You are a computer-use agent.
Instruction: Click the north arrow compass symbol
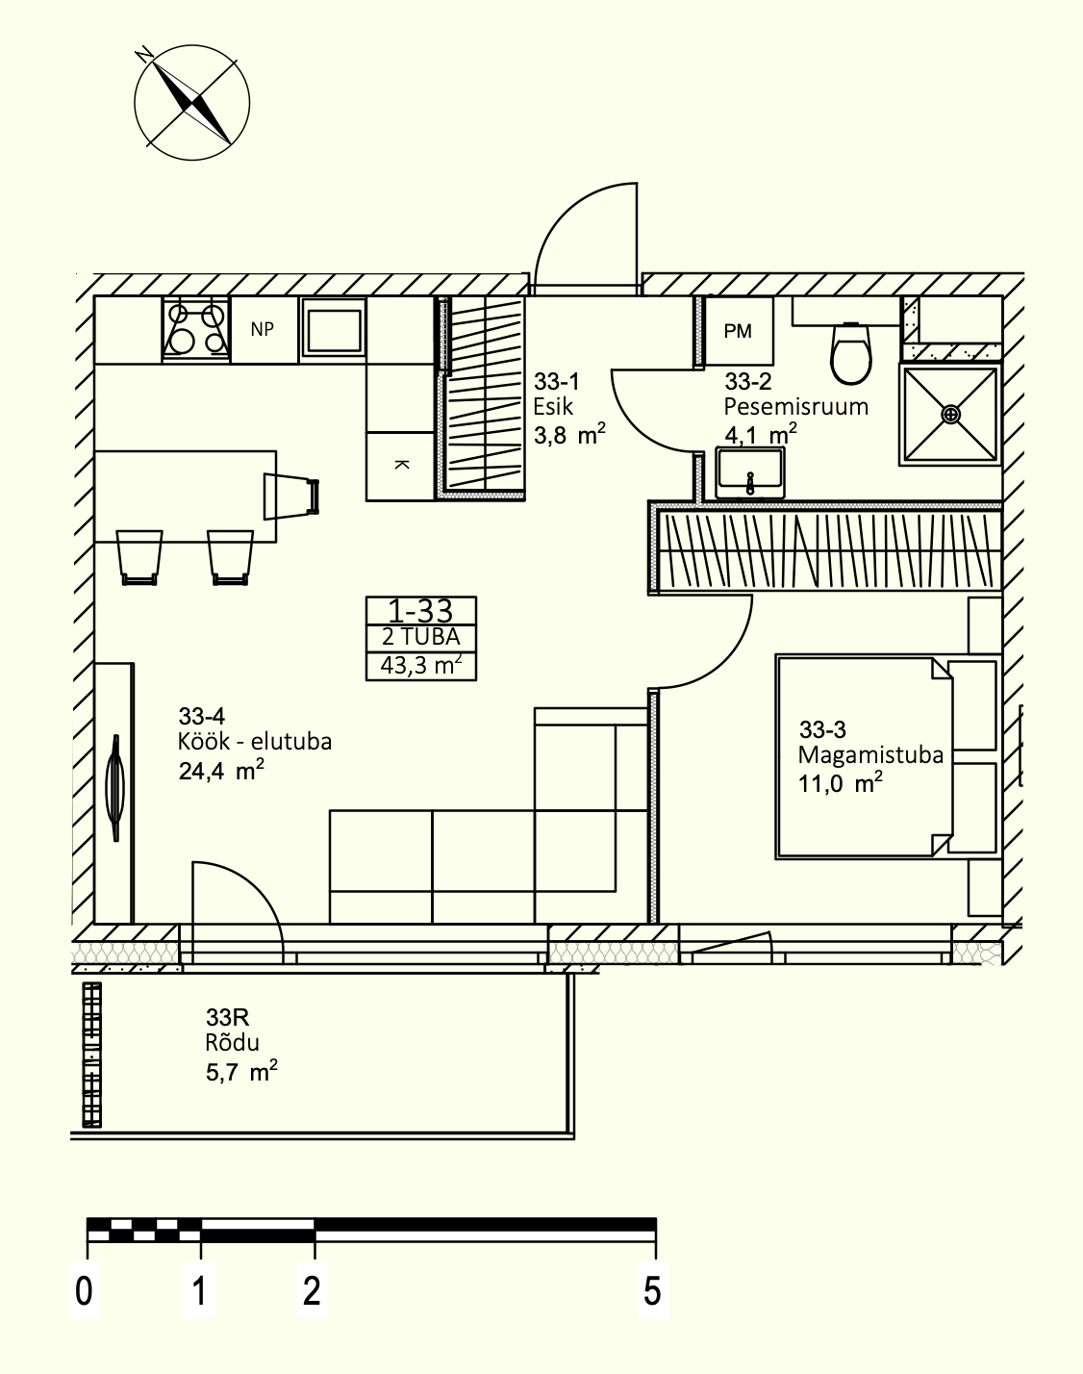pos(191,102)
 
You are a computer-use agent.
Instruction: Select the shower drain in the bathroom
pos(951,415)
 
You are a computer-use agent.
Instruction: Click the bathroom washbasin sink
pos(750,473)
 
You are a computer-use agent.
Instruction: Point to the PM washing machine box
pos(739,331)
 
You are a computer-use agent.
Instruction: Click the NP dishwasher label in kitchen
pos(263,329)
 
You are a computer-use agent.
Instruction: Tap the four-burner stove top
pos(196,329)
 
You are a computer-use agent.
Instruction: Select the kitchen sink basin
pos(333,329)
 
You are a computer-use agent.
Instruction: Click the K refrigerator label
pos(401,465)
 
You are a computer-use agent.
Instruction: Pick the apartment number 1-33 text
pos(420,611)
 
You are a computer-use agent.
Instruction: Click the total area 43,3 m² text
pos(420,665)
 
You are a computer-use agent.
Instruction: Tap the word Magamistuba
pos(870,755)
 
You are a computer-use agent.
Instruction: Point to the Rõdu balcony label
pos(233,1043)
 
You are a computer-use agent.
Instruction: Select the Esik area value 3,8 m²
pos(569,434)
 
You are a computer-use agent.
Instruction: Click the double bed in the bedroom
pos(887,756)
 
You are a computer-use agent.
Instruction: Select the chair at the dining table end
pos(291,496)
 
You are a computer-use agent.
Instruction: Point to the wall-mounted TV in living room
pos(114,788)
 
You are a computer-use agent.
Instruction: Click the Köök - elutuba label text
pos(255,742)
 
